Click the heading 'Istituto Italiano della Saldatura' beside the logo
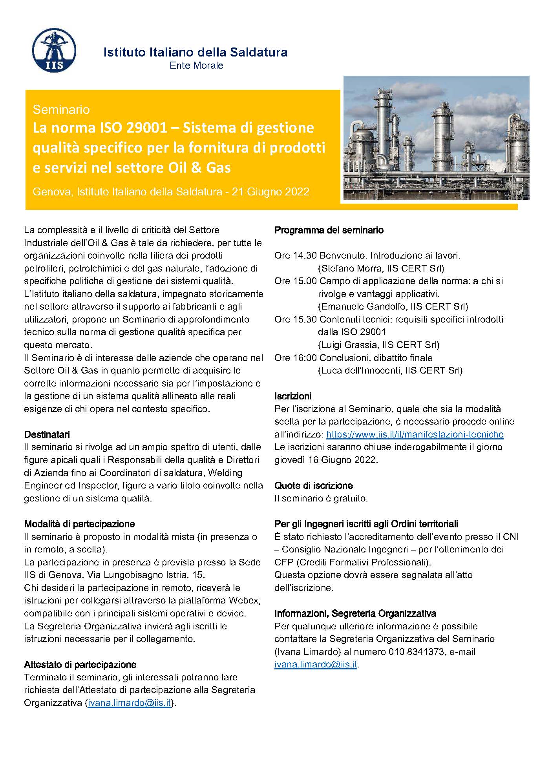click(195, 52)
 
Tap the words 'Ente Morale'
click(196, 66)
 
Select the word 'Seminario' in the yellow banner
click(61, 109)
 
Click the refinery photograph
click(436, 138)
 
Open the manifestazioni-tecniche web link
click(415, 434)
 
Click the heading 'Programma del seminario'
click(329, 230)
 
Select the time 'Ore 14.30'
click(295, 255)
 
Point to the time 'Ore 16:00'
click(295, 358)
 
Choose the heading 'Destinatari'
click(47, 434)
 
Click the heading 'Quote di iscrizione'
click(314, 486)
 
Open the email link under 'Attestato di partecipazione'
click(129, 703)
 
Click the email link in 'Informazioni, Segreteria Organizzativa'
click(316, 665)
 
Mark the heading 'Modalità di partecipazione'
click(79, 524)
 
